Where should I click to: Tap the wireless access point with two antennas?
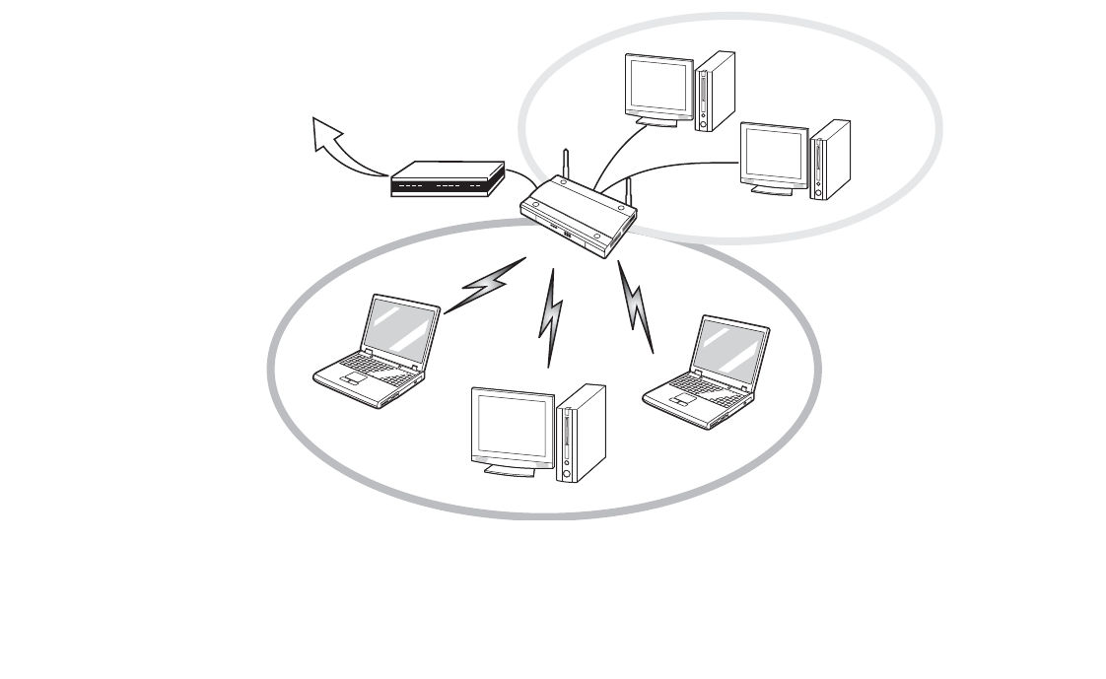coord(577,215)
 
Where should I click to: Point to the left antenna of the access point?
coord(566,164)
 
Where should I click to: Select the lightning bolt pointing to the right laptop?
coord(636,306)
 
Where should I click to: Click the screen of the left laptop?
coord(400,329)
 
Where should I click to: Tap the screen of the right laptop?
coord(729,353)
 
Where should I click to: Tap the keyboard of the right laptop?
coord(699,392)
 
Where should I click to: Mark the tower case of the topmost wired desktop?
coord(715,91)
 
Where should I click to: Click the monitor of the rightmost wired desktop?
coord(775,156)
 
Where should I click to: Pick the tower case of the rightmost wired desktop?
coord(829,160)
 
